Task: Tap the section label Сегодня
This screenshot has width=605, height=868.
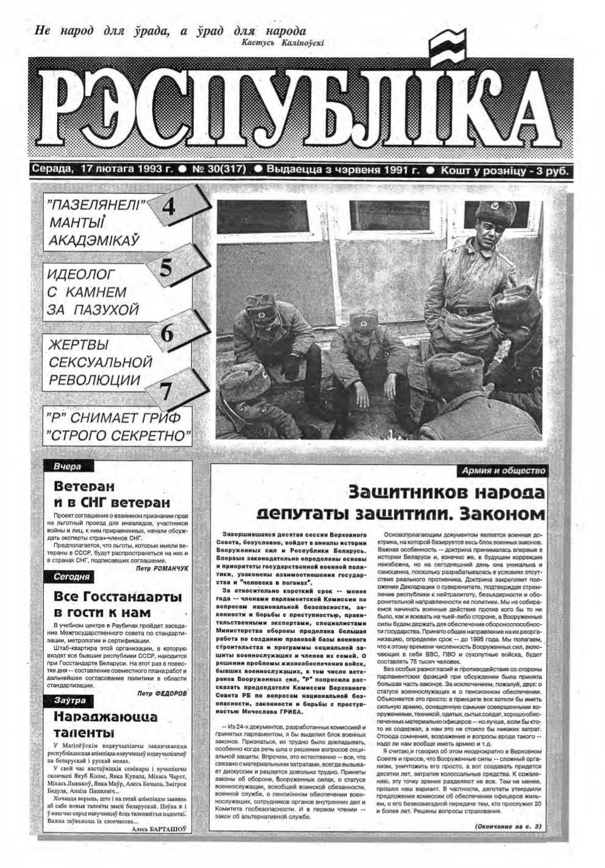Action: [72, 576]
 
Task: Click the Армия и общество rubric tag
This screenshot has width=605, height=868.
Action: [503, 471]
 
